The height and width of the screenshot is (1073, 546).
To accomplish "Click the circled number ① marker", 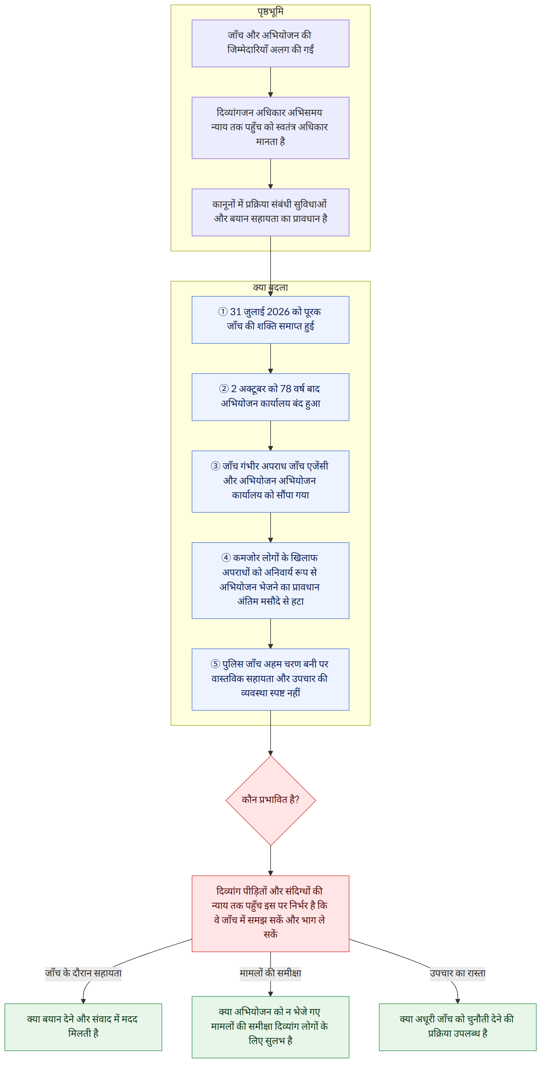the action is click(223, 311).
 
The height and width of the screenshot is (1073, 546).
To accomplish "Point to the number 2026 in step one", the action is click(278, 311).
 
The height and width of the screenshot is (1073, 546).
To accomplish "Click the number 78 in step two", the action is click(285, 389).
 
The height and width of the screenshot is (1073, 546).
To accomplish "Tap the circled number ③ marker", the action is click(215, 466).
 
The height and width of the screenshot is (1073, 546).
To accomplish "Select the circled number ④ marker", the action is click(226, 557).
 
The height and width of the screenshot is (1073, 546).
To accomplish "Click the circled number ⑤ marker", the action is click(215, 663).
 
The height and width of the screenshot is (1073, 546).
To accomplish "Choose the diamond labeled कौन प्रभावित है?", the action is click(271, 800).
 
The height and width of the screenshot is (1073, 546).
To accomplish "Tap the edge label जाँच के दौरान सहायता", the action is click(83, 973).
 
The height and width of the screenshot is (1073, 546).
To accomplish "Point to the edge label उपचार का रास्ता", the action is click(458, 973).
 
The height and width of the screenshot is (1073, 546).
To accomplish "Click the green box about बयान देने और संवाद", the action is click(83, 1027).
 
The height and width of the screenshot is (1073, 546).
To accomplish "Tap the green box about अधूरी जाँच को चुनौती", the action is click(458, 1027).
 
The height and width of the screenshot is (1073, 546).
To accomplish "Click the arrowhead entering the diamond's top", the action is click(271, 753).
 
